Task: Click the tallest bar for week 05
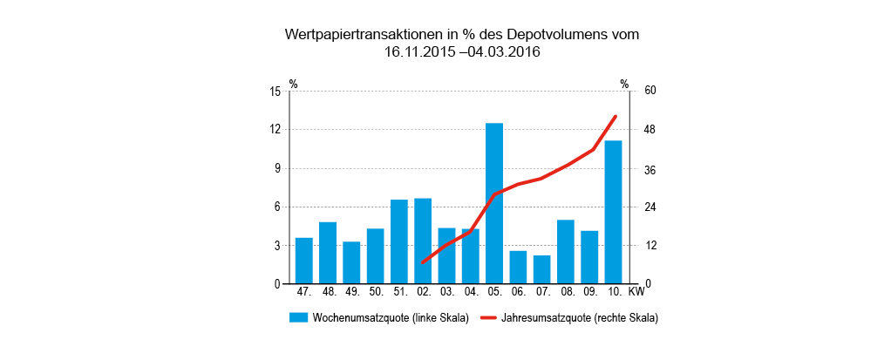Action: (x=494, y=203)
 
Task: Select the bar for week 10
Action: (x=613, y=212)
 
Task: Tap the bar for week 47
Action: (x=304, y=261)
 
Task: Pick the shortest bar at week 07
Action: (x=541, y=269)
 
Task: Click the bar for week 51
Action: (x=399, y=241)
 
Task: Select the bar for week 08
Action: (x=566, y=252)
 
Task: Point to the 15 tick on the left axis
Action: (x=275, y=91)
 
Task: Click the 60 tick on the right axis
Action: (x=650, y=91)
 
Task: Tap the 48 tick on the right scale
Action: (x=650, y=129)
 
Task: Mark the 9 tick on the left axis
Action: (x=278, y=168)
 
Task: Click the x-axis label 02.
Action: (x=423, y=291)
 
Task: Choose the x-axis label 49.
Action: (x=351, y=291)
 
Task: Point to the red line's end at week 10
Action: (x=616, y=117)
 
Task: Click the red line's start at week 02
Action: (x=423, y=262)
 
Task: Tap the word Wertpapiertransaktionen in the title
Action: (x=363, y=35)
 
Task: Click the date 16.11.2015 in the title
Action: (x=421, y=52)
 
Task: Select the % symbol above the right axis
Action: (x=624, y=84)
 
